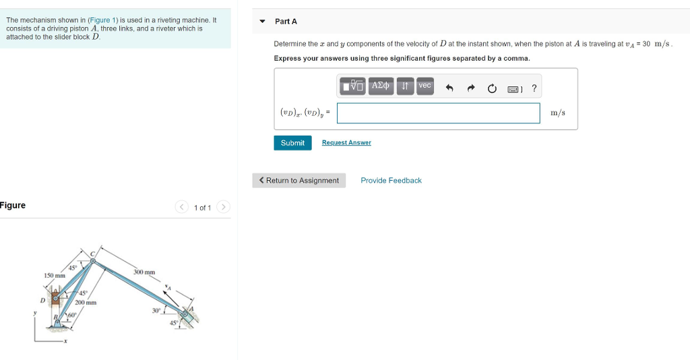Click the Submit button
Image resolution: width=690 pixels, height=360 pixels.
(x=292, y=143)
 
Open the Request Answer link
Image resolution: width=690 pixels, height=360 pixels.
(x=346, y=143)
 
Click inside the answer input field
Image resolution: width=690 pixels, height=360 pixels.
(x=438, y=113)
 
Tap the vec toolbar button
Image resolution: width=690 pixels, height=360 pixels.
(x=425, y=86)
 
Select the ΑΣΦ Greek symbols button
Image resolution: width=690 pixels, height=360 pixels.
(x=381, y=86)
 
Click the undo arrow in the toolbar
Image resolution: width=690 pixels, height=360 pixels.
(x=449, y=88)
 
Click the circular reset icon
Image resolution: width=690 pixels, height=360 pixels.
(x=492, y=88)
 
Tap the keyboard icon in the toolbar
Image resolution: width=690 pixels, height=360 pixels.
(x=513, y=88)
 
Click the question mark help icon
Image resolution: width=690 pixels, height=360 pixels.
(x=534, y=88)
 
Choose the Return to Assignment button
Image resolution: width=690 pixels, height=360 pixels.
(x=299, y=181)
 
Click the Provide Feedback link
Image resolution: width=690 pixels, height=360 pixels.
(x=391, y=181)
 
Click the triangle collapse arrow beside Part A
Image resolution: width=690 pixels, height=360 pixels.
(x=262, y=22)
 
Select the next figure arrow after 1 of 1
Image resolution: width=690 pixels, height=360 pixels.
(x=224, y=207)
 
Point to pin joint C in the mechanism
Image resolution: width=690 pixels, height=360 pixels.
(x=94, y=262)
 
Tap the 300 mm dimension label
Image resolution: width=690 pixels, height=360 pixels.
(x=144, y=272)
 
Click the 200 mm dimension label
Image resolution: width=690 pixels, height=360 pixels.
(x=86, y=303)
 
